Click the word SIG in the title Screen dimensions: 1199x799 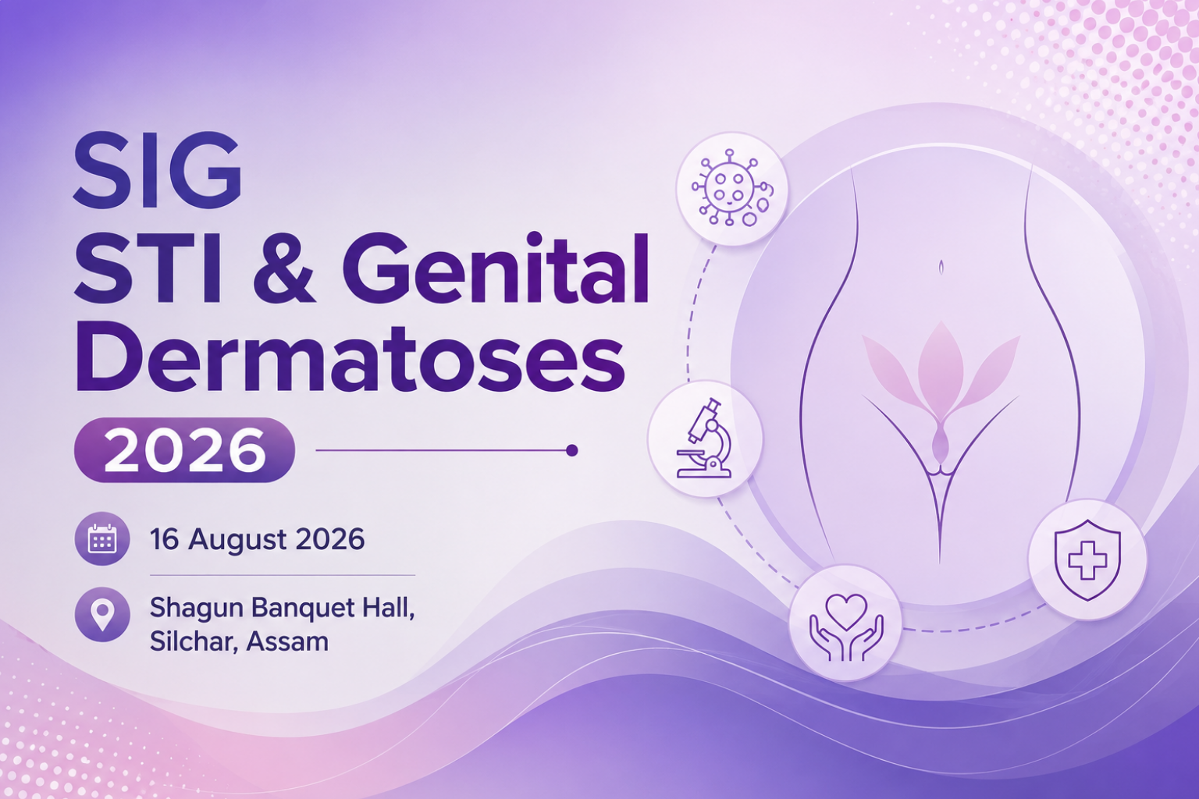157,169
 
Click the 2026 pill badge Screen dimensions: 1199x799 184,450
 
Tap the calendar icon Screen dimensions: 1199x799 101,539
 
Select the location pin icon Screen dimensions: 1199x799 101,614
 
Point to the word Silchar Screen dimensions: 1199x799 194,641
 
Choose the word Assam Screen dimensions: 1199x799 287,641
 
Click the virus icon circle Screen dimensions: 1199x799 732,188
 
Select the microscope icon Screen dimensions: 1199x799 705,439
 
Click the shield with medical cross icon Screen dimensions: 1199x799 1087,559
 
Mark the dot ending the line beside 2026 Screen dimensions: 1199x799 571,451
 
